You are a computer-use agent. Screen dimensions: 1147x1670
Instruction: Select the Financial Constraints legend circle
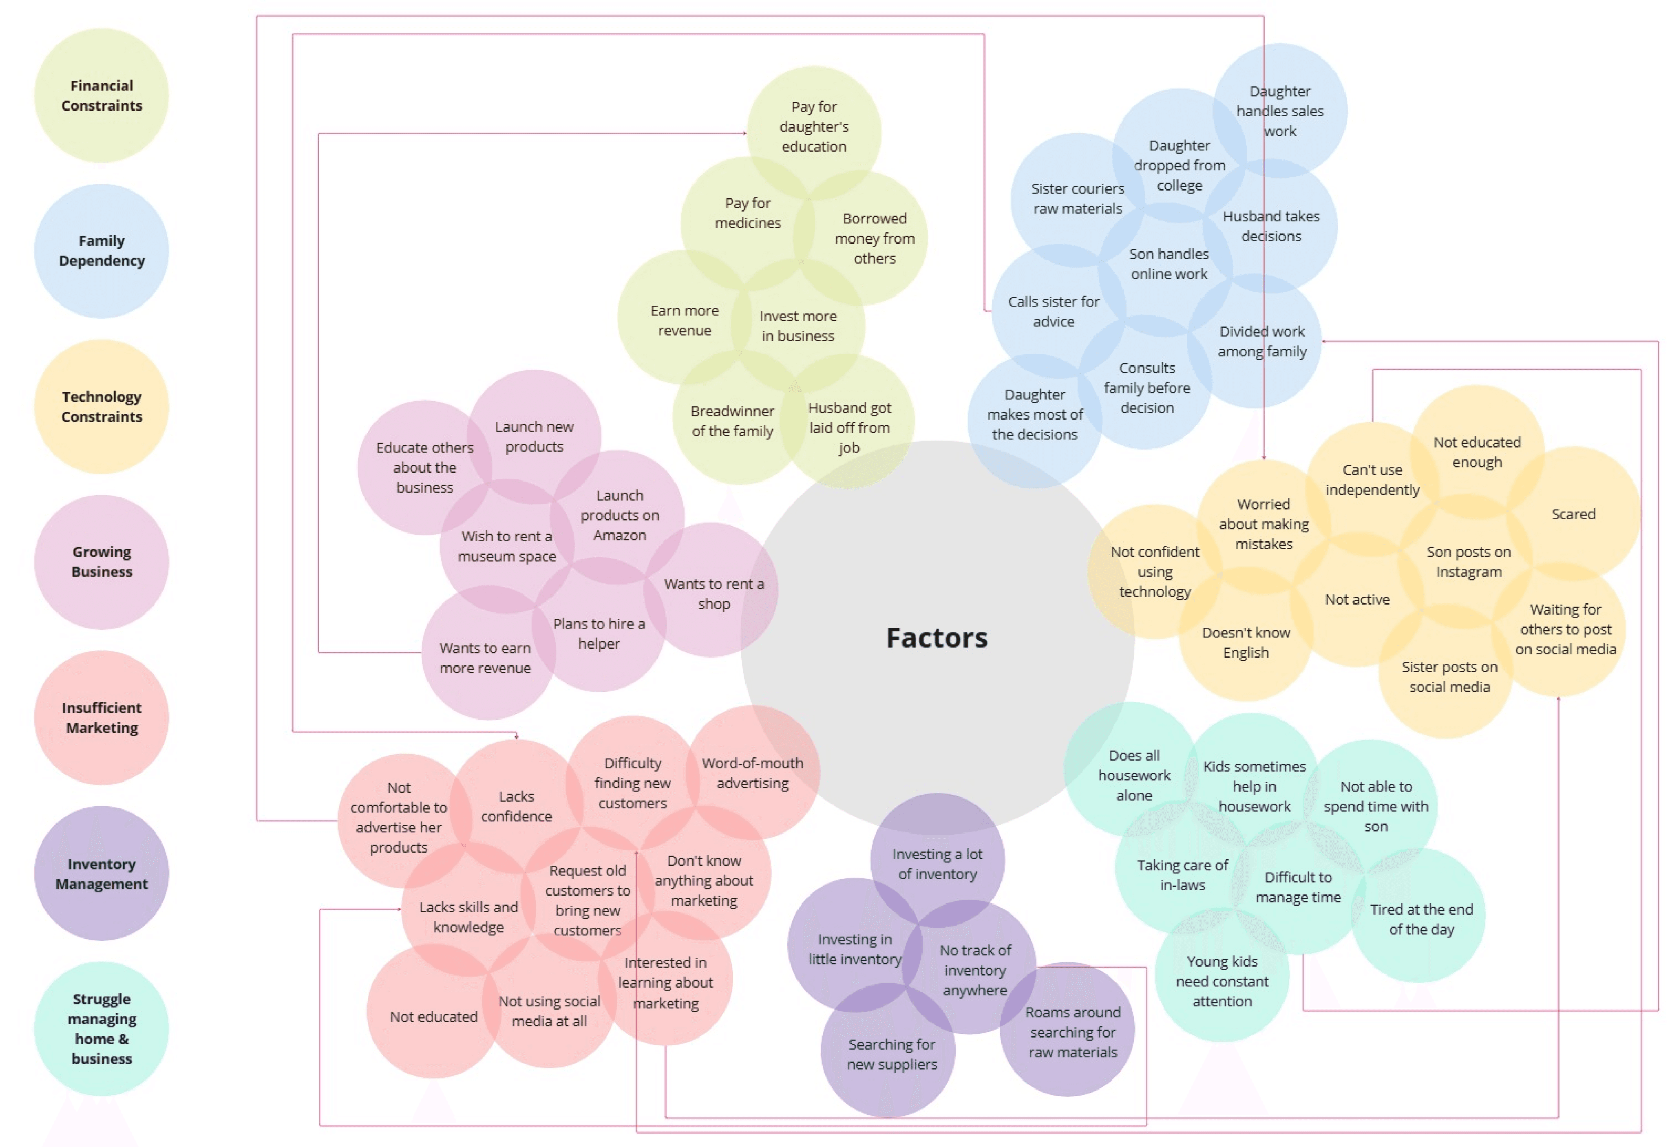click(x=102, y=95)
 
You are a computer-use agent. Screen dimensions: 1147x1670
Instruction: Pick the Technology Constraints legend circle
click(x=102, y=407)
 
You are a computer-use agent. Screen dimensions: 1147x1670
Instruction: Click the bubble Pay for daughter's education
click(x=814, y=126)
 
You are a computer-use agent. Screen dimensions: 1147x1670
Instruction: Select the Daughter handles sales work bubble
click(x=1280, y=111)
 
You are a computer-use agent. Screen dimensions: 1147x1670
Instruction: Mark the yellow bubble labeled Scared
click(x=1573, y=514)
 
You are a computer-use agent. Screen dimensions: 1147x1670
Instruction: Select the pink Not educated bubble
click(x=433, y=1016)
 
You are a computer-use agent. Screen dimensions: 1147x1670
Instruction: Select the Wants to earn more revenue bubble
click(x=485, y=657)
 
